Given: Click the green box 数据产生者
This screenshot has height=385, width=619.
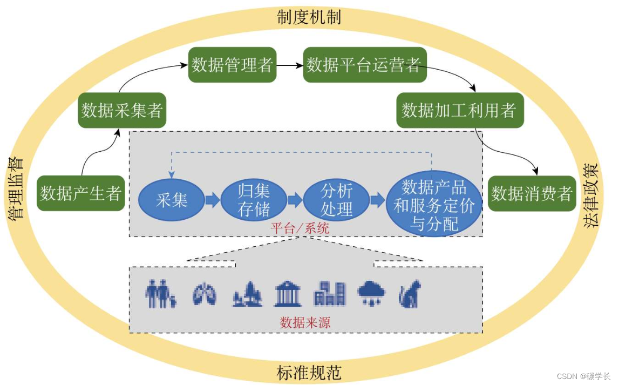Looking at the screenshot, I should tap(81, 193).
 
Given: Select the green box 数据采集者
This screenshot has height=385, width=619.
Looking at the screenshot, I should tap(121, 111).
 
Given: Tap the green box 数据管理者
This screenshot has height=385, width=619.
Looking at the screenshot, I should tap(232, 65).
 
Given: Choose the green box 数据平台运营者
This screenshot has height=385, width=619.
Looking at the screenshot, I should tap(364, 65).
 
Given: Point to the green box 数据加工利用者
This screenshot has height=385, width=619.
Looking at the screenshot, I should tap(460, 110).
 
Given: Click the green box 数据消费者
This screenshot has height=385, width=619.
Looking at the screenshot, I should tap(532, 193).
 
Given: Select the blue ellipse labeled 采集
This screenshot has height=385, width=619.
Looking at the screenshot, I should tap(172, 201).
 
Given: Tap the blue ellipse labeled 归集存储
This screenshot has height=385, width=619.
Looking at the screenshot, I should tap(254, 200).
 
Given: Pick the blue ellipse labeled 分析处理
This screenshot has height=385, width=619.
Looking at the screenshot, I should tap(336, 200).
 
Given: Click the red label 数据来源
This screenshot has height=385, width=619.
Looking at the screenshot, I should tap(305, 323).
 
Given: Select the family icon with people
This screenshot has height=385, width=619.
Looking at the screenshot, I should tap(160, 294).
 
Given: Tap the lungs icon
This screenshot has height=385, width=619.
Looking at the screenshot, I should tap(205, 295).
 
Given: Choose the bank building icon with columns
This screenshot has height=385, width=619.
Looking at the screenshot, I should tap(287, 294).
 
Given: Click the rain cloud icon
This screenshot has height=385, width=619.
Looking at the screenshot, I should tap(371, 294).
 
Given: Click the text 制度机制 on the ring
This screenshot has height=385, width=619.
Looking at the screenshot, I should tap(309, 16).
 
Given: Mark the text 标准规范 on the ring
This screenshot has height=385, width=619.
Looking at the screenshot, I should tap(309, 373).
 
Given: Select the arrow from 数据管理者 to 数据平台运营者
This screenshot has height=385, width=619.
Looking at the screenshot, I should tap(290, 65).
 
